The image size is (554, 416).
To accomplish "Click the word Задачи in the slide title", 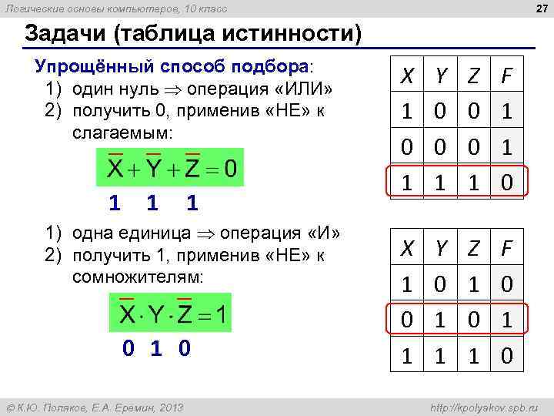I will [x=62, y=34].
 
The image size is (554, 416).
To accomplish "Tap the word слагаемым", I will [x=122, y=133].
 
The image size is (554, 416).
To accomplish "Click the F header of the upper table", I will [x=506, y=76].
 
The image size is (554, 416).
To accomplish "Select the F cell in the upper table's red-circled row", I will [x=506, y=183].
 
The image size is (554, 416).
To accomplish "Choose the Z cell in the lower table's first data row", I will [x=473, y=283].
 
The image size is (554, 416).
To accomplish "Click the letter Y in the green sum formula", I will [x=153, y=167].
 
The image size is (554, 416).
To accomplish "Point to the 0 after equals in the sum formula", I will [x=230, y=167].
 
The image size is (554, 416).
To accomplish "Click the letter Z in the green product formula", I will [x=185, y=315].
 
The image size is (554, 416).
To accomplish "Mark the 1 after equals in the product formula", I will [x=221, y=315].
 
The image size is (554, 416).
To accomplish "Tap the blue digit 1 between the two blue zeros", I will [x=156, y=349].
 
